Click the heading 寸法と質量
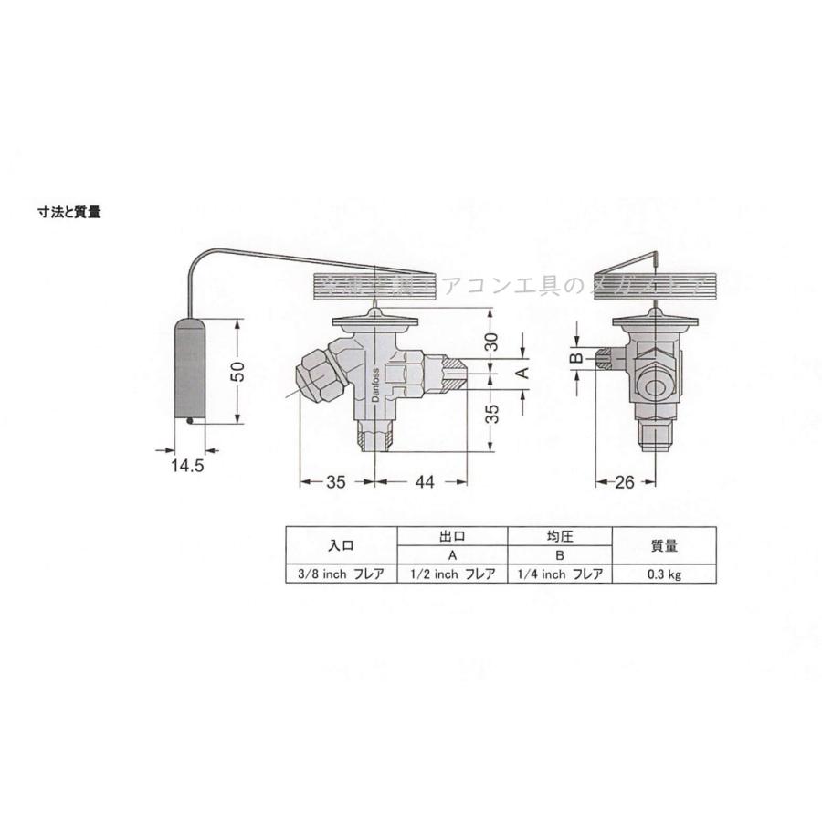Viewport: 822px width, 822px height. (68, 213)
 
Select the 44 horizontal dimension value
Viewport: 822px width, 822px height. (422, 482)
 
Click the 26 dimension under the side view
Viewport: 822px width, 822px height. (626, 482)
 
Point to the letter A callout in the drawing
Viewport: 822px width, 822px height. (523, 374)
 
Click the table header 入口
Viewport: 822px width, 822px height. (342, 546)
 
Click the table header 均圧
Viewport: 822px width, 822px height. (559, 537)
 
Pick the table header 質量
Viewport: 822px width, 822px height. (663, 546)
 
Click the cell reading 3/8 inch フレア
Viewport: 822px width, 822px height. (342, 574)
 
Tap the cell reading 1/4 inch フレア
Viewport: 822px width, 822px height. (559, 574)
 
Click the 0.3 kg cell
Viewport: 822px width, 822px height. (663, 574)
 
